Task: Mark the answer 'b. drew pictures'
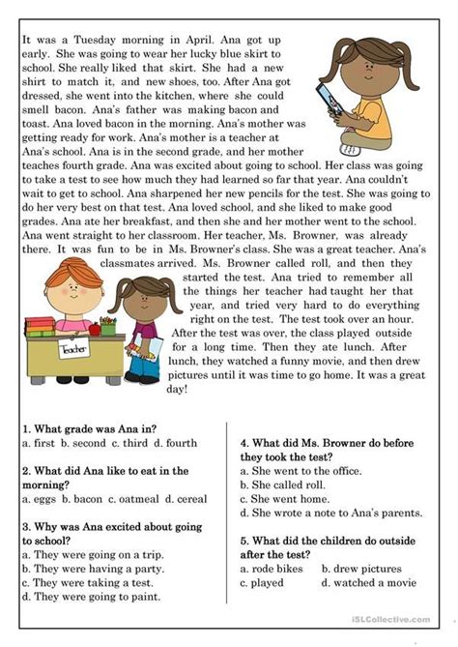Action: (x=371, y=570)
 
